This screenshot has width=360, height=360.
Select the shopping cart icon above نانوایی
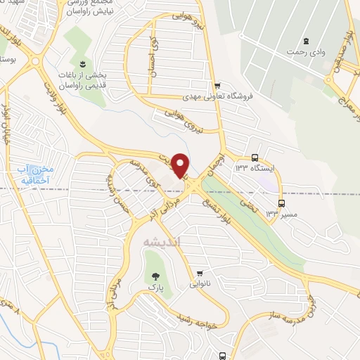pos(200,274)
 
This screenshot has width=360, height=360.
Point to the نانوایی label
pos(200,285)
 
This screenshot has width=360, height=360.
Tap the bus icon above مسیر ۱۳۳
pos(281,201)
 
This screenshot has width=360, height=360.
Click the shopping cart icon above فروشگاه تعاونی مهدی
pos(217,85)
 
